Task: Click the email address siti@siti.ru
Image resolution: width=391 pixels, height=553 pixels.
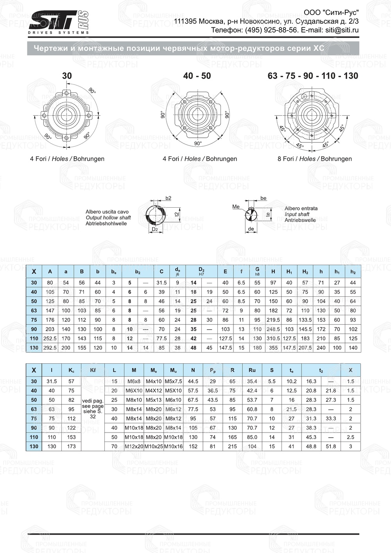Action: [x=341, y=30]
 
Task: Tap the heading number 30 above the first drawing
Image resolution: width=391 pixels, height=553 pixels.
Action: [x=67, y=76]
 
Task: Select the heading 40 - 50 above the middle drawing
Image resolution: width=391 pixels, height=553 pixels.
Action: [x=197, y=76]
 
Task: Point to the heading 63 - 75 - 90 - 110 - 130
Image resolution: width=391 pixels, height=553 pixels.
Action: [x=313, y=76]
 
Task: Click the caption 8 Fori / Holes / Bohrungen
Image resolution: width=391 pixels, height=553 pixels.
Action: [x=314, y=159]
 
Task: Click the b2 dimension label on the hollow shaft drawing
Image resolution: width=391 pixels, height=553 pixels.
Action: [x=168, y=198]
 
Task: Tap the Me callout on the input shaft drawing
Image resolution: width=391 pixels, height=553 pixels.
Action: [x=236, y=206]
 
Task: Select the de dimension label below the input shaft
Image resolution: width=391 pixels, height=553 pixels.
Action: [x=251, y=229]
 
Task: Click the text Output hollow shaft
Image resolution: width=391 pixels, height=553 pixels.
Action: [x=108, y=217]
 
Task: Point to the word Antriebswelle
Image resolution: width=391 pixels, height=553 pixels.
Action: [x=300, y=220]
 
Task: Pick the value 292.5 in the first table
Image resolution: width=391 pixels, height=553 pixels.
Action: [x=50, y=348]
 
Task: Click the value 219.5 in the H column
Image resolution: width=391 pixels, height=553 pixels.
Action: [x=273, y=320]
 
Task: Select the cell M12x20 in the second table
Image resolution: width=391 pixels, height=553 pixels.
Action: [x=134, y=446]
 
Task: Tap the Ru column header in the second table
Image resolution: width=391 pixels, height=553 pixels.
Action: [x=252, y=370]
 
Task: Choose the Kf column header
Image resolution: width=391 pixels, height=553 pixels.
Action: [x=93, y=370]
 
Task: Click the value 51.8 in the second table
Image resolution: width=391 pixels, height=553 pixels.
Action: [x=331, y=446]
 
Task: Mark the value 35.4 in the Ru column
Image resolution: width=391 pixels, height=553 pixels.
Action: [x=252, y=381]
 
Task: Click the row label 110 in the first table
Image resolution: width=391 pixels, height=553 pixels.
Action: [x=34, y=339]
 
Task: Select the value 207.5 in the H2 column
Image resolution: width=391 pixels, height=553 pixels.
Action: [x=305, y=348]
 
